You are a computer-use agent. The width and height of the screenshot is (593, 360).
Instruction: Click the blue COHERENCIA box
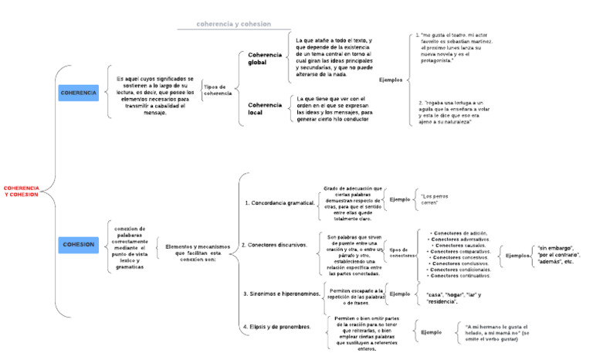click(x=79, y=93)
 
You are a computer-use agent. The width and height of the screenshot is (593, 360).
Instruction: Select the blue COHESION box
click(x=79, y=244)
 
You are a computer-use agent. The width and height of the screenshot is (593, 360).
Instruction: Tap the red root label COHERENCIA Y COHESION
click(x=21, y=191)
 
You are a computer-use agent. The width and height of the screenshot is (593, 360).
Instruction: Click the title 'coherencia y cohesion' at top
click(x=234, y=24)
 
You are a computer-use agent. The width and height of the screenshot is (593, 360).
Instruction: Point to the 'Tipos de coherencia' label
click(x=218, y=90)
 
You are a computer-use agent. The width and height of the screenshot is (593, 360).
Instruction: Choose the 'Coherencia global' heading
click(x=265, y=59)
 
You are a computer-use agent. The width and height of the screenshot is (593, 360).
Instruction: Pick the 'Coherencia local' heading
click(x=265, y=108)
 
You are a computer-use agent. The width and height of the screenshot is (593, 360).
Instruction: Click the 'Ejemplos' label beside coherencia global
click(x=391, y=80)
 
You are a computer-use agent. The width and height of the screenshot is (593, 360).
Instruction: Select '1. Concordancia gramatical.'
click(x=279, y=202)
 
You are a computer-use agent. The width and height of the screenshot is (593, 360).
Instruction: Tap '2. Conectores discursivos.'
click(x=275, y=244)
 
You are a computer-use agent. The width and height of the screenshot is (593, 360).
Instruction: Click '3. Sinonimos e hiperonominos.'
click(x=280, y=294)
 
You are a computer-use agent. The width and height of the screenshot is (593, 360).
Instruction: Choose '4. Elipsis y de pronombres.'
click(x=276, y=326)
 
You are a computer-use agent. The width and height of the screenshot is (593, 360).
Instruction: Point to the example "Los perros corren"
click(x=434, y=199)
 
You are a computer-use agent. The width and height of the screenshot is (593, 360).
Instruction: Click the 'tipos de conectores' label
click(x=402, y=253)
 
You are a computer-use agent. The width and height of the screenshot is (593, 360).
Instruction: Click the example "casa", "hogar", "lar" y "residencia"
click(x=453, y=298)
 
